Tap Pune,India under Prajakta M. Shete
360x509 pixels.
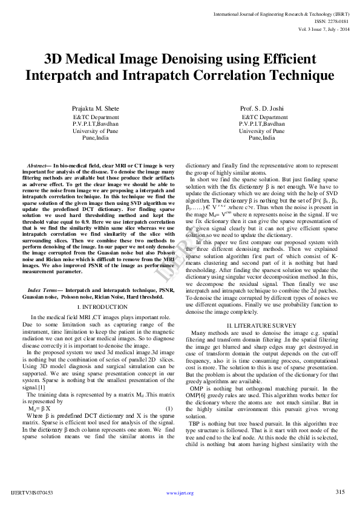pyautogui.click(x=96, y=137)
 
